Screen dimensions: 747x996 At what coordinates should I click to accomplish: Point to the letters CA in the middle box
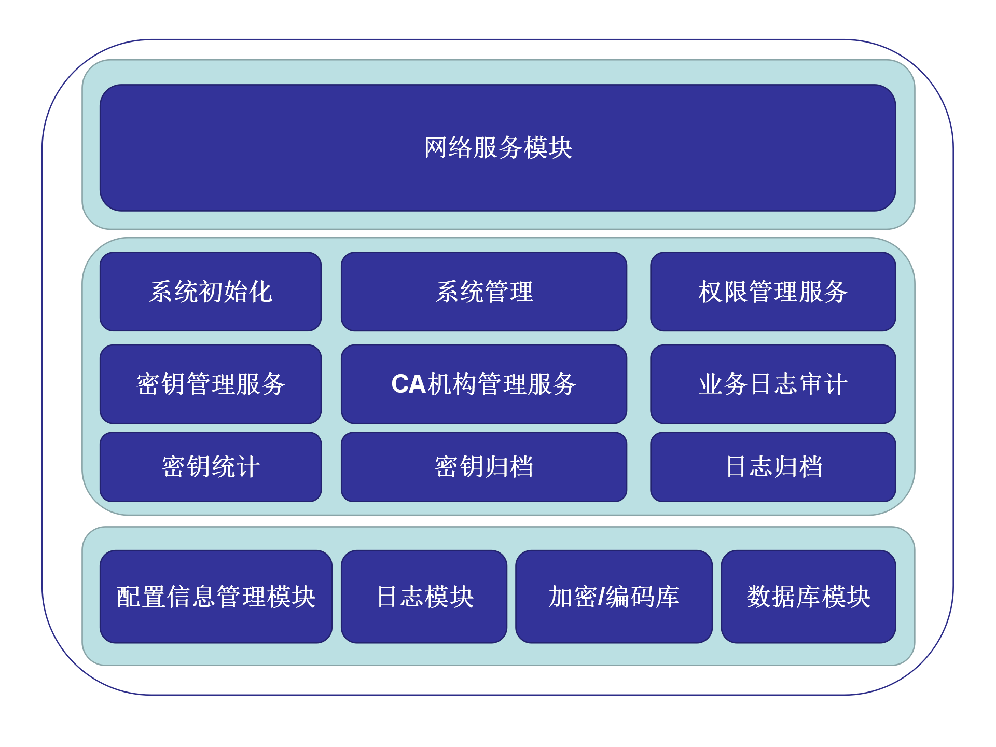coord(408,384)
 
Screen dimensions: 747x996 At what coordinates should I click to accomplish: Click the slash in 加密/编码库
coord(601,597)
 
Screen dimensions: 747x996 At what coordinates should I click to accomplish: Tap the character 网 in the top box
coord(436,148)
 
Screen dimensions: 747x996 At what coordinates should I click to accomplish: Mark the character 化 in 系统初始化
coord(261,292)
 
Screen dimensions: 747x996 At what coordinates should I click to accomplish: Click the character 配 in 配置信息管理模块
coord(128,597)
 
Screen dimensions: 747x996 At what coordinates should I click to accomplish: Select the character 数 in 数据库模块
coord(758,597)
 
